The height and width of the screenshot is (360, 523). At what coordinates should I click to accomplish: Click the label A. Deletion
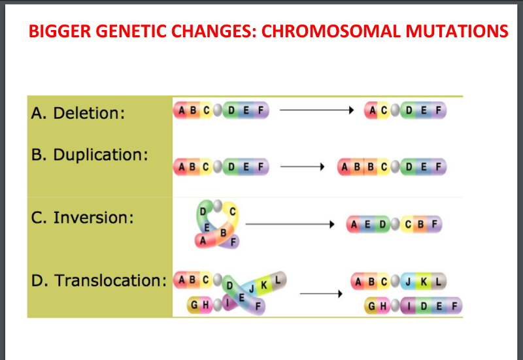click(x=78, y=113)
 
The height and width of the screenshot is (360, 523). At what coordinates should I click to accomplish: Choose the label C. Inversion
click(x=82, y=217)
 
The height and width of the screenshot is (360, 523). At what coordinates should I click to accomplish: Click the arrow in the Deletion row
click(x=316, y=110)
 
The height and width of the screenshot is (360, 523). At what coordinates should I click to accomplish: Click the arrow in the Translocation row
click(x=321, y=294)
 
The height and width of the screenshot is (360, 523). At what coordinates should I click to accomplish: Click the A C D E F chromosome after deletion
click(x=405, y=110)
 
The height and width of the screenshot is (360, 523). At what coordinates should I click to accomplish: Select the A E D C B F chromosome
click(x=396, y=224)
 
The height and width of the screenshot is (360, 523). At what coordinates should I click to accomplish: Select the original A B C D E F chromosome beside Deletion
click(x=221, y=110)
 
